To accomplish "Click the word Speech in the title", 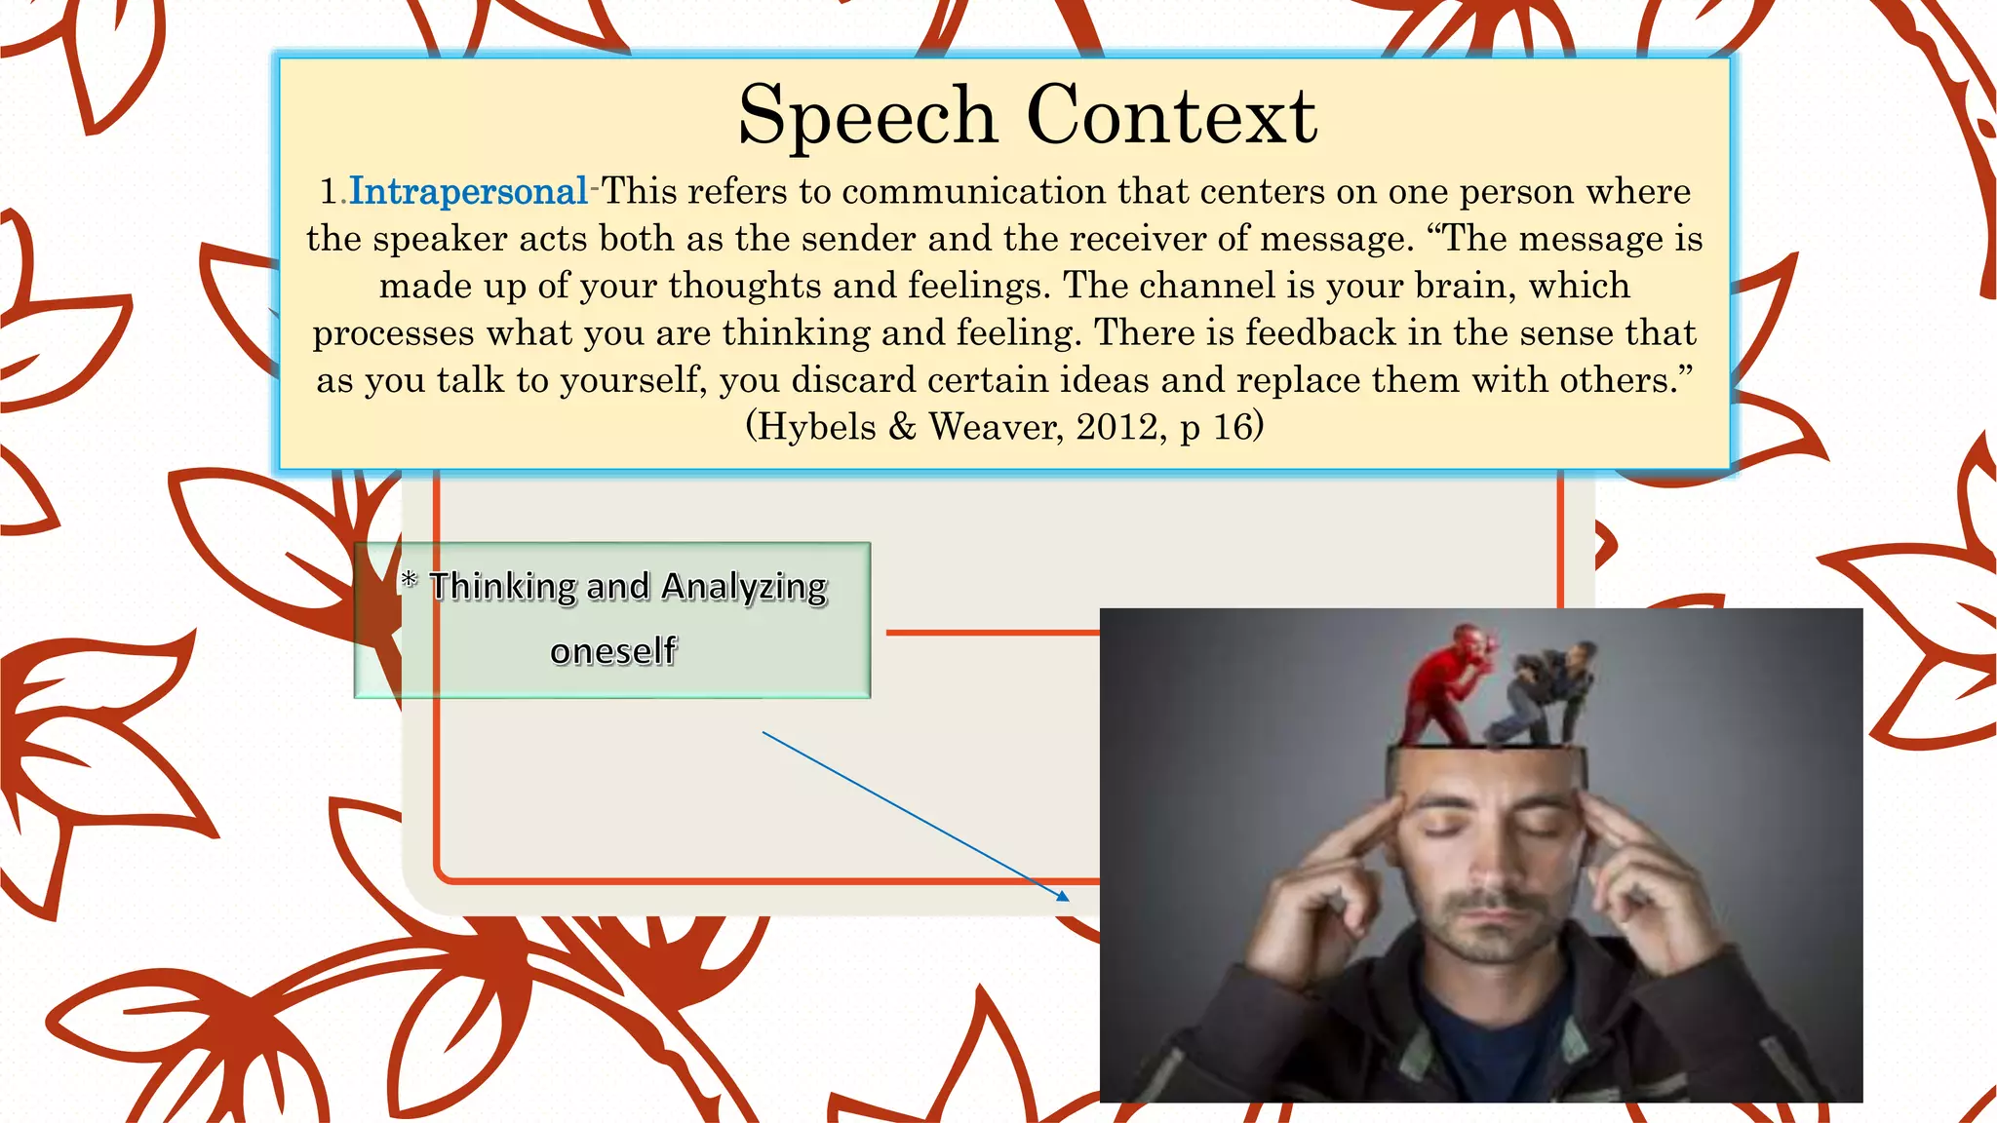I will tap(867, 117).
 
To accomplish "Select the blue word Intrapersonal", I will tap(468, 191).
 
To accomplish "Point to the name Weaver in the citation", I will tap(995, 427).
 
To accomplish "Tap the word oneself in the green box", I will tap(612, 651).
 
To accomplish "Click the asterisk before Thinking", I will tap(410, 581).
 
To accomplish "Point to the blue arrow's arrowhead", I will tap(1064, 896).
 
